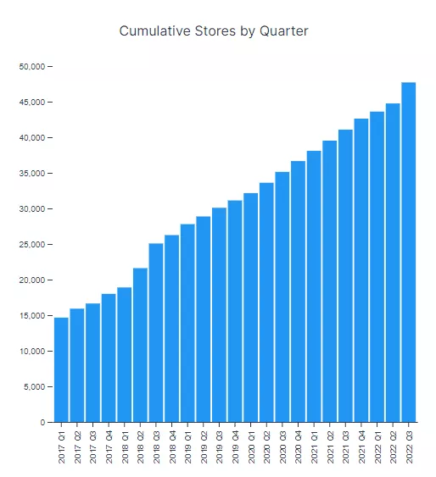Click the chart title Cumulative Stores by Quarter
click(213, 31)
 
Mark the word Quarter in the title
click(283, 31)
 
